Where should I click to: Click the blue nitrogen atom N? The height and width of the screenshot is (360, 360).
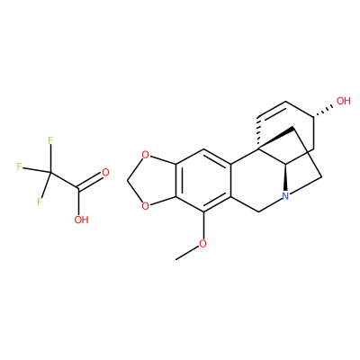(x=285, y=196)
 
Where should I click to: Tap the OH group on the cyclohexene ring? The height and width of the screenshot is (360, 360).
(x=344, y=101)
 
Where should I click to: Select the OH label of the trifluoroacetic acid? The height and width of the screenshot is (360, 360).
(x=81, y=220)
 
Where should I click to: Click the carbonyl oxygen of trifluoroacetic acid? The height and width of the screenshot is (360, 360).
(x=105, y=173)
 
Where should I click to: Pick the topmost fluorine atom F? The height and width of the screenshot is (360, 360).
(x=50, y=140)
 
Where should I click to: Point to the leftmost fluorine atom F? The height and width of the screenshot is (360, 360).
(x=20, y=166)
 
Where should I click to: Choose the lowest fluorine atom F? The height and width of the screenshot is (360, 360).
(x=40, y=202)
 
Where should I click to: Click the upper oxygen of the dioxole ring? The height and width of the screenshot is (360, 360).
(x=145, y=156)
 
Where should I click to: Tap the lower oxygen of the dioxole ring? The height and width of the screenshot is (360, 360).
(x=145, y=206)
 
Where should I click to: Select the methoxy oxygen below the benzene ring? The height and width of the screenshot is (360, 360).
(x=203, y=244)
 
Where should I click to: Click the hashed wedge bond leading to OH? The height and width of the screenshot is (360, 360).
(x=323, y=111)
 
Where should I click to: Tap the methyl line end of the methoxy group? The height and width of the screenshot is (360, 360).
(x=176, y=259)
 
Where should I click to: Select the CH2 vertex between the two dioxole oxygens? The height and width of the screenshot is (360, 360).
(x=128, y=181)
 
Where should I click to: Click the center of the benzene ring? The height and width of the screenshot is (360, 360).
(x=203, y=181)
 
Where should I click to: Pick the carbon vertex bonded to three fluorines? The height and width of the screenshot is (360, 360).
(x=50, y=173)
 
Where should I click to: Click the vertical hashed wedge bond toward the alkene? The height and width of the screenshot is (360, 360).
(x=258, y=133)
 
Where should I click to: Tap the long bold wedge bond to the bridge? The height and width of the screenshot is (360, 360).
(x=275, y=139)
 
